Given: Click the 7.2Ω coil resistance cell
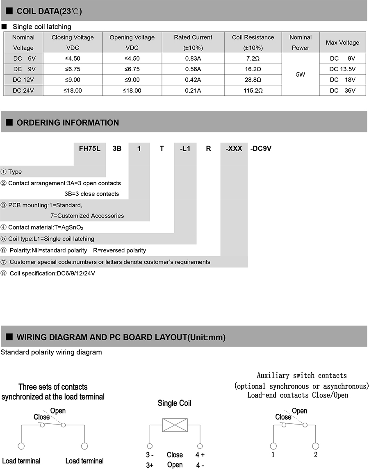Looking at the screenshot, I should point(253,59).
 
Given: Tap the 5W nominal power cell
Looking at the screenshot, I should point(300,75).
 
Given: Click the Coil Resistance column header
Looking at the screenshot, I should point(253,42).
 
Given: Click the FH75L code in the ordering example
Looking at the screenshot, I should point(89,149).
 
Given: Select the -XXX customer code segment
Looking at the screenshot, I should point(234,149).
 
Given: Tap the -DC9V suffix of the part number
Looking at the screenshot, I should point(261,149).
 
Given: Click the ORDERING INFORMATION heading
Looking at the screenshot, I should point(68,123).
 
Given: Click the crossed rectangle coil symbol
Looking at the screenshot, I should point(175,425).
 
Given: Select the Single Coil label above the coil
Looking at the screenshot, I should point(175,404).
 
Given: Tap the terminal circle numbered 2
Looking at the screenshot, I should point(315,446).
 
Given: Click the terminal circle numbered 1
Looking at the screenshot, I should point(273,446).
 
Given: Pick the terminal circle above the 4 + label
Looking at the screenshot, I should point(200,446).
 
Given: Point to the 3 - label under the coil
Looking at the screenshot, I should point(150,455).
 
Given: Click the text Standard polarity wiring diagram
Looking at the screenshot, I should point(51,352).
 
